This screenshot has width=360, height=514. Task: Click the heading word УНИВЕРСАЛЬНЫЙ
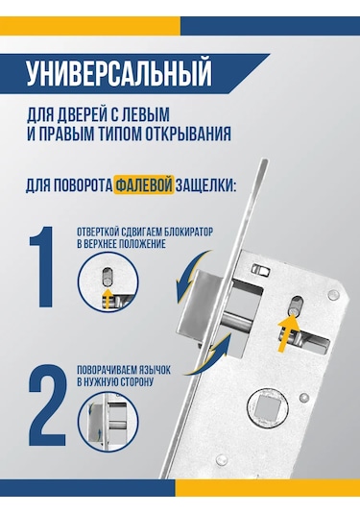coord(119,73)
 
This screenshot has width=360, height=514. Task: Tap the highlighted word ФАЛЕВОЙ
coord(144,185)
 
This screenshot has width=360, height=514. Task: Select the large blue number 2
coord(47,409)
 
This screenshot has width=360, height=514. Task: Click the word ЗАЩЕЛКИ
coord(205,185)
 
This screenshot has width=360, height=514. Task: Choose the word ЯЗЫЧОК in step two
coord(155,370)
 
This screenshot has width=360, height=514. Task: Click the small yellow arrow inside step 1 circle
coord(107,298)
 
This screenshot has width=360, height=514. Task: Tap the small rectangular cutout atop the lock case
coord(261,270)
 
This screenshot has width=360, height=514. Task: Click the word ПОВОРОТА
coord(83,185)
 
